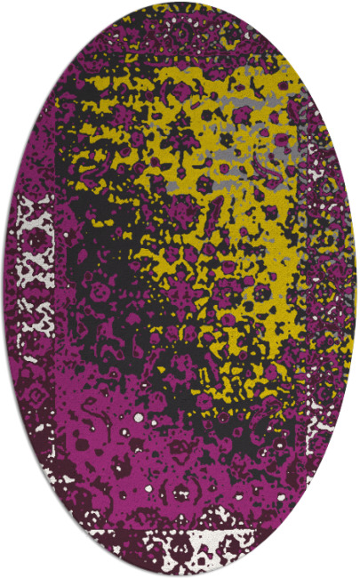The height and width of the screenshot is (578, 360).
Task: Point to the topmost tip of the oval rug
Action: coord(180,3)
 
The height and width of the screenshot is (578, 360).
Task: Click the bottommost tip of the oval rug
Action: coord(180,575)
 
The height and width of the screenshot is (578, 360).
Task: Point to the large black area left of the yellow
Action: coord(107,293)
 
